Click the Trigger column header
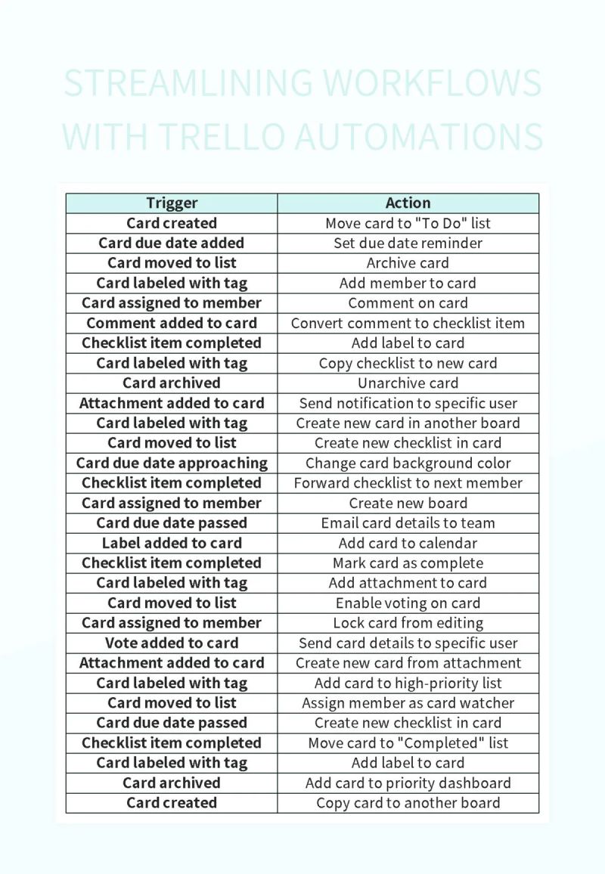pos(172,203)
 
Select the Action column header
pos(408,203)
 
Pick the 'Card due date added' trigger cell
pos(172,243)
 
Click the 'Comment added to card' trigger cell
pos(172,323)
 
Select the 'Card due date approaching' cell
pos(172,463)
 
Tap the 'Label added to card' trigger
pos(172,543)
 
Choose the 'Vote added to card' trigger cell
pos(172,643)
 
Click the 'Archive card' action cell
pos(408,263)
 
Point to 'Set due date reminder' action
pos(408,243)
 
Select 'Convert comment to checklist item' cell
pos(408,323)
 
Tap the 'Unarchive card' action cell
pos(408,383)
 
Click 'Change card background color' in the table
pos(408,463)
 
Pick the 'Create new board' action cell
pos(408,503)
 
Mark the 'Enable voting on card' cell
pos(408,603)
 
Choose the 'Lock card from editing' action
pos(408,623)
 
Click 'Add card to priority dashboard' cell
pos(408,783)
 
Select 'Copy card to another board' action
pos(408,803)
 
